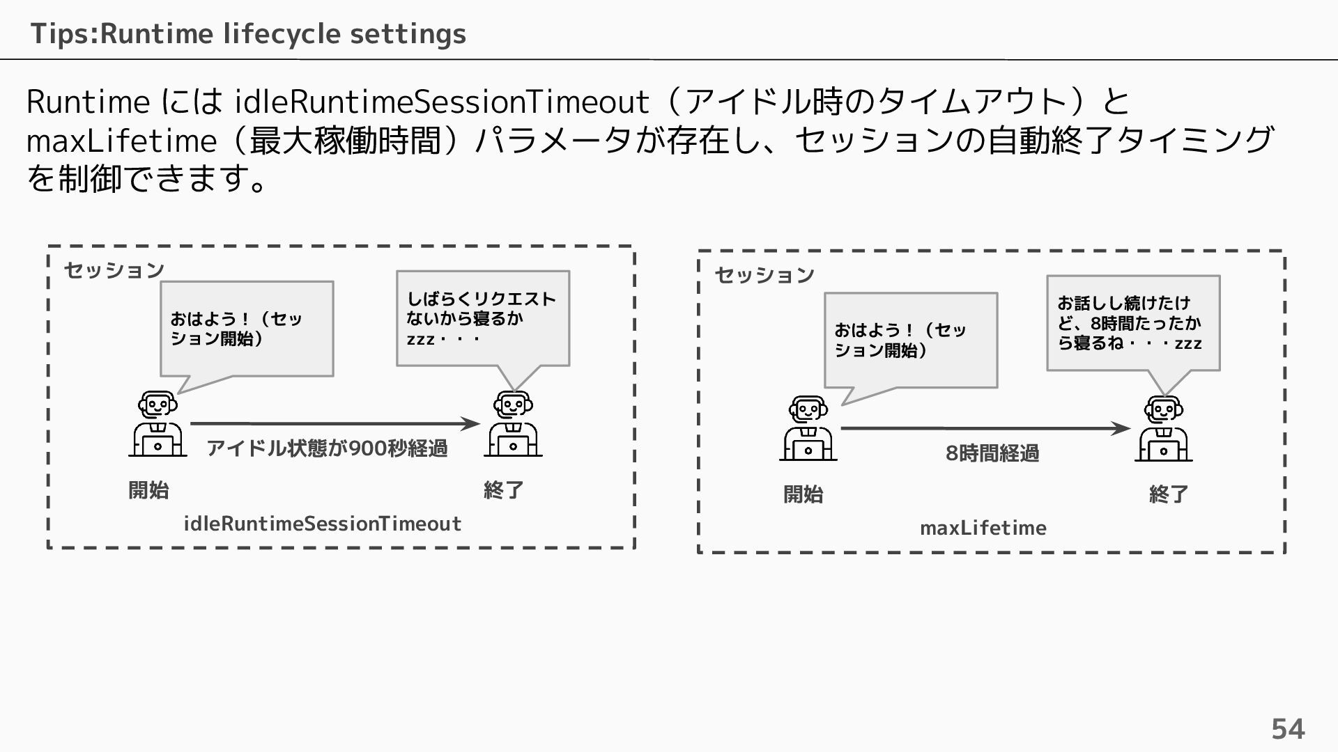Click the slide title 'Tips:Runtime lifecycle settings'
coord(248,33)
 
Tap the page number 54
coord(1288,729)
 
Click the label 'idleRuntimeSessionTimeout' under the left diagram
coord(322,524)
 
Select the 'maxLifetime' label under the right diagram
coord(983,528)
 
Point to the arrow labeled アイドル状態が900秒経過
coord(334,423)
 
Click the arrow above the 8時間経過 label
coord(985,428)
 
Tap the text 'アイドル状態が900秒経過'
coord(327,448)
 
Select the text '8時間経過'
coord(992,453)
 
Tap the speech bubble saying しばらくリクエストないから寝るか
coord(482,319)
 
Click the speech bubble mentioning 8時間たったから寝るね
coord(1133,323)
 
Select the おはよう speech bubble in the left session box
coord(247,329)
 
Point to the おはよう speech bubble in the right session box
coord(910,340)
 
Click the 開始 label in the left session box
coord(148,490)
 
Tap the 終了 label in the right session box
coord(1169,494)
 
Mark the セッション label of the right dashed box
coord(764,275)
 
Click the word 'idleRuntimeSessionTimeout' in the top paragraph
coord(442,102)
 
